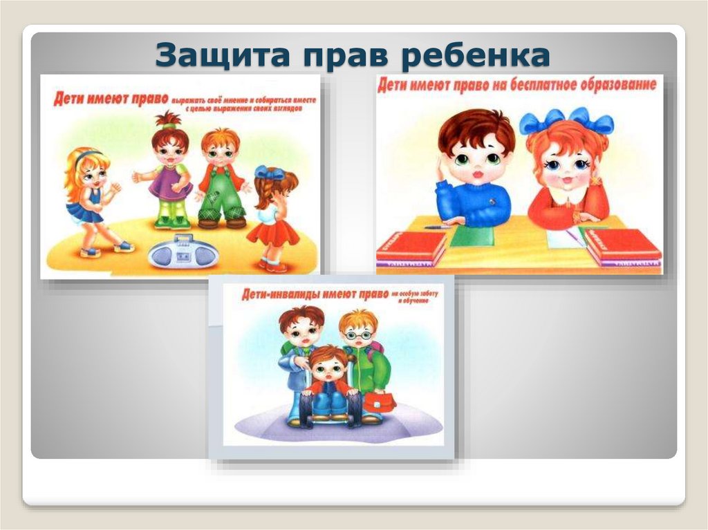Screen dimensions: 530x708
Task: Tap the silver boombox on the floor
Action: (x=183, y=252)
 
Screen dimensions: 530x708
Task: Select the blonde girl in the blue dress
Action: (x=91, y=200)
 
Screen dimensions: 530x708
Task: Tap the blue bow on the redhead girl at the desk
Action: (x=566, y=122)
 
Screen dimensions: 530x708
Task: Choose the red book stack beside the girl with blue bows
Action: (x=622, y=246)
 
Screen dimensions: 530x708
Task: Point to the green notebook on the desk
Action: (x=472, y=237)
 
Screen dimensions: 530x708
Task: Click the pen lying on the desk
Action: (x=436, y=227)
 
